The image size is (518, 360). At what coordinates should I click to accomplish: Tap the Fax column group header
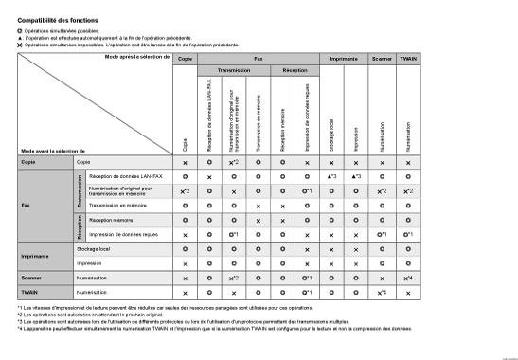point(259,60)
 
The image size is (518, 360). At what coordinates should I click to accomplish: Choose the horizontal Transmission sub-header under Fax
point(233,70)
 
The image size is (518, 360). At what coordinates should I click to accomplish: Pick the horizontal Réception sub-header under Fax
point(295,70)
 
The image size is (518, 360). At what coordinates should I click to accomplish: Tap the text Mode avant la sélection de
point(53,151)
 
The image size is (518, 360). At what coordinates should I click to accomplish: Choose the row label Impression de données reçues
point(121,232)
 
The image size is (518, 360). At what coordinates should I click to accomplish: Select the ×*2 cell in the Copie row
point(233,163)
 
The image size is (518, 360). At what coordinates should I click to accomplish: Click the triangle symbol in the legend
point(20,38)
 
